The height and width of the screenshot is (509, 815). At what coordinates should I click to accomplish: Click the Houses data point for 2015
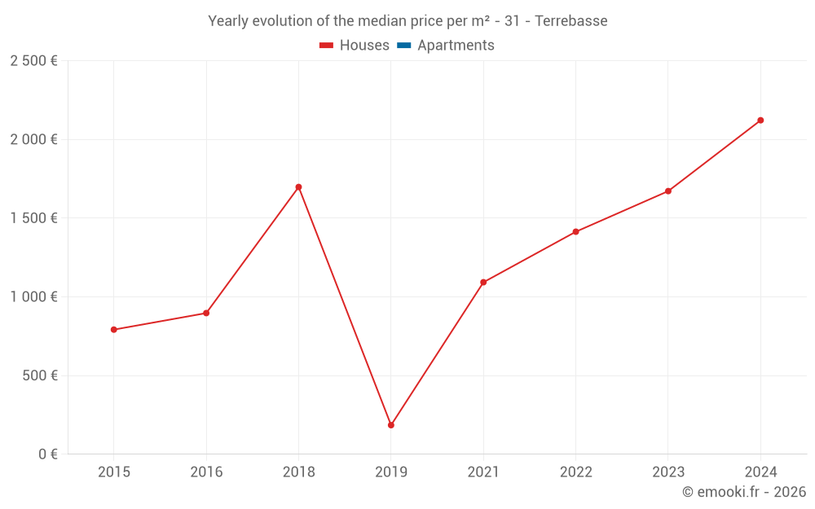(x=114, y=330)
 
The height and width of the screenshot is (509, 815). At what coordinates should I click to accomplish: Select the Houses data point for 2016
(x=206, y=313)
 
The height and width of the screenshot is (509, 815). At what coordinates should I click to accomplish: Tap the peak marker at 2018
(x=298, y=187)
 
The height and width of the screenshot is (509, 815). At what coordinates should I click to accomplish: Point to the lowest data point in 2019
(x=391, y=425)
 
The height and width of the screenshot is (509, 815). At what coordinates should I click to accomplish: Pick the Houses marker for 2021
(x=483, y=283)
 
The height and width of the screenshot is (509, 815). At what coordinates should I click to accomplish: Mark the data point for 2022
(x=575, y=232)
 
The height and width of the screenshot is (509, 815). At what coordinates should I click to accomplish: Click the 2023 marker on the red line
(x=668, y=191)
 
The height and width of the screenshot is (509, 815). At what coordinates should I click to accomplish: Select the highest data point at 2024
(x=760, y=121)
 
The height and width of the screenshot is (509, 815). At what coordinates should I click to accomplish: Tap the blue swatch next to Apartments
(x=404, y=46)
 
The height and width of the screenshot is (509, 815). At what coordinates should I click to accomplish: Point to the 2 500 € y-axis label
(x=33, y=61)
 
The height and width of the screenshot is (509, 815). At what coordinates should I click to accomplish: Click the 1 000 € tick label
(x=33, y=297)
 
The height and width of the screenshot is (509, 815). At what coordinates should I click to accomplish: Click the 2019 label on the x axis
(x=391, y=472)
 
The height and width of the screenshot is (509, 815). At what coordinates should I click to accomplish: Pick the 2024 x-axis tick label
(x=760, y=472)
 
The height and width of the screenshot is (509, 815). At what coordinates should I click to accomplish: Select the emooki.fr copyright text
(x=744, y=492)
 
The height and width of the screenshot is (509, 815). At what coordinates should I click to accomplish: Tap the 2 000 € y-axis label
(x=33, y=139)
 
